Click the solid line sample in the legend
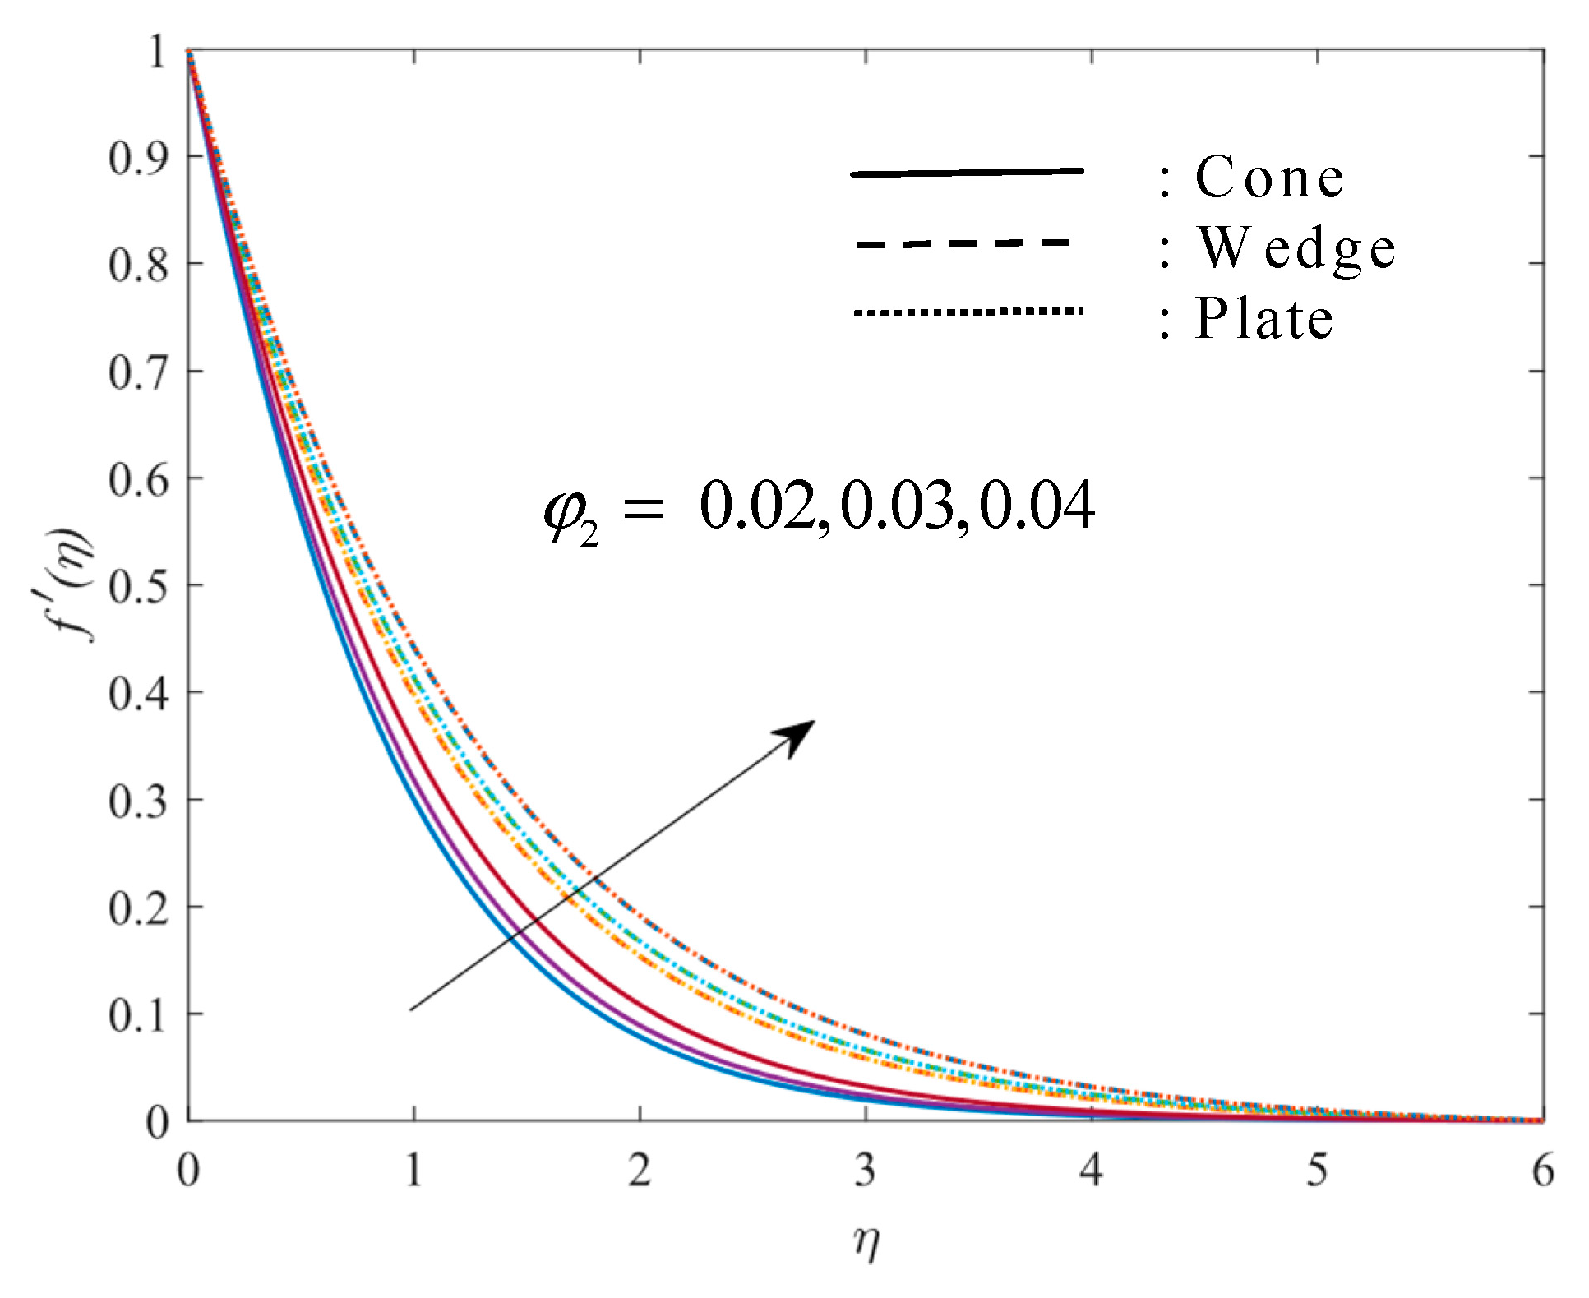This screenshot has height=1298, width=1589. [x=967, y=173]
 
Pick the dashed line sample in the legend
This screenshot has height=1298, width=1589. [x=963, y=243]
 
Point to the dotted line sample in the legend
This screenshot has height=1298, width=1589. [x=968, y=312]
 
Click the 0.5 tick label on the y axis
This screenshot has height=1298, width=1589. [x=138, y=587]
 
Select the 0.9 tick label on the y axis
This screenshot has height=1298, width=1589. [x=138, y=158]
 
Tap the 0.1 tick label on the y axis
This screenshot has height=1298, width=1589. [x=138, y=1016]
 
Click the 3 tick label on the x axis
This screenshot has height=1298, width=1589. [x=865, y=1170]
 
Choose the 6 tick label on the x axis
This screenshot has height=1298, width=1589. [x=1542, y=1170]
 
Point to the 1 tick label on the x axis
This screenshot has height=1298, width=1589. [x=413, y=1170]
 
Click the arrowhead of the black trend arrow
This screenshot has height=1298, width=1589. [x=797, y=735]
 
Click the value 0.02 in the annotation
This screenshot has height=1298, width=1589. [x=757, y=506]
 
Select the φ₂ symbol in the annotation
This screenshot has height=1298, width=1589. [x=570, y=514]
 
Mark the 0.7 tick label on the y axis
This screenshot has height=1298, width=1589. [x=138, y=372]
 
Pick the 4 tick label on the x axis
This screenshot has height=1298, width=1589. [x=1091, y=1170]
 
